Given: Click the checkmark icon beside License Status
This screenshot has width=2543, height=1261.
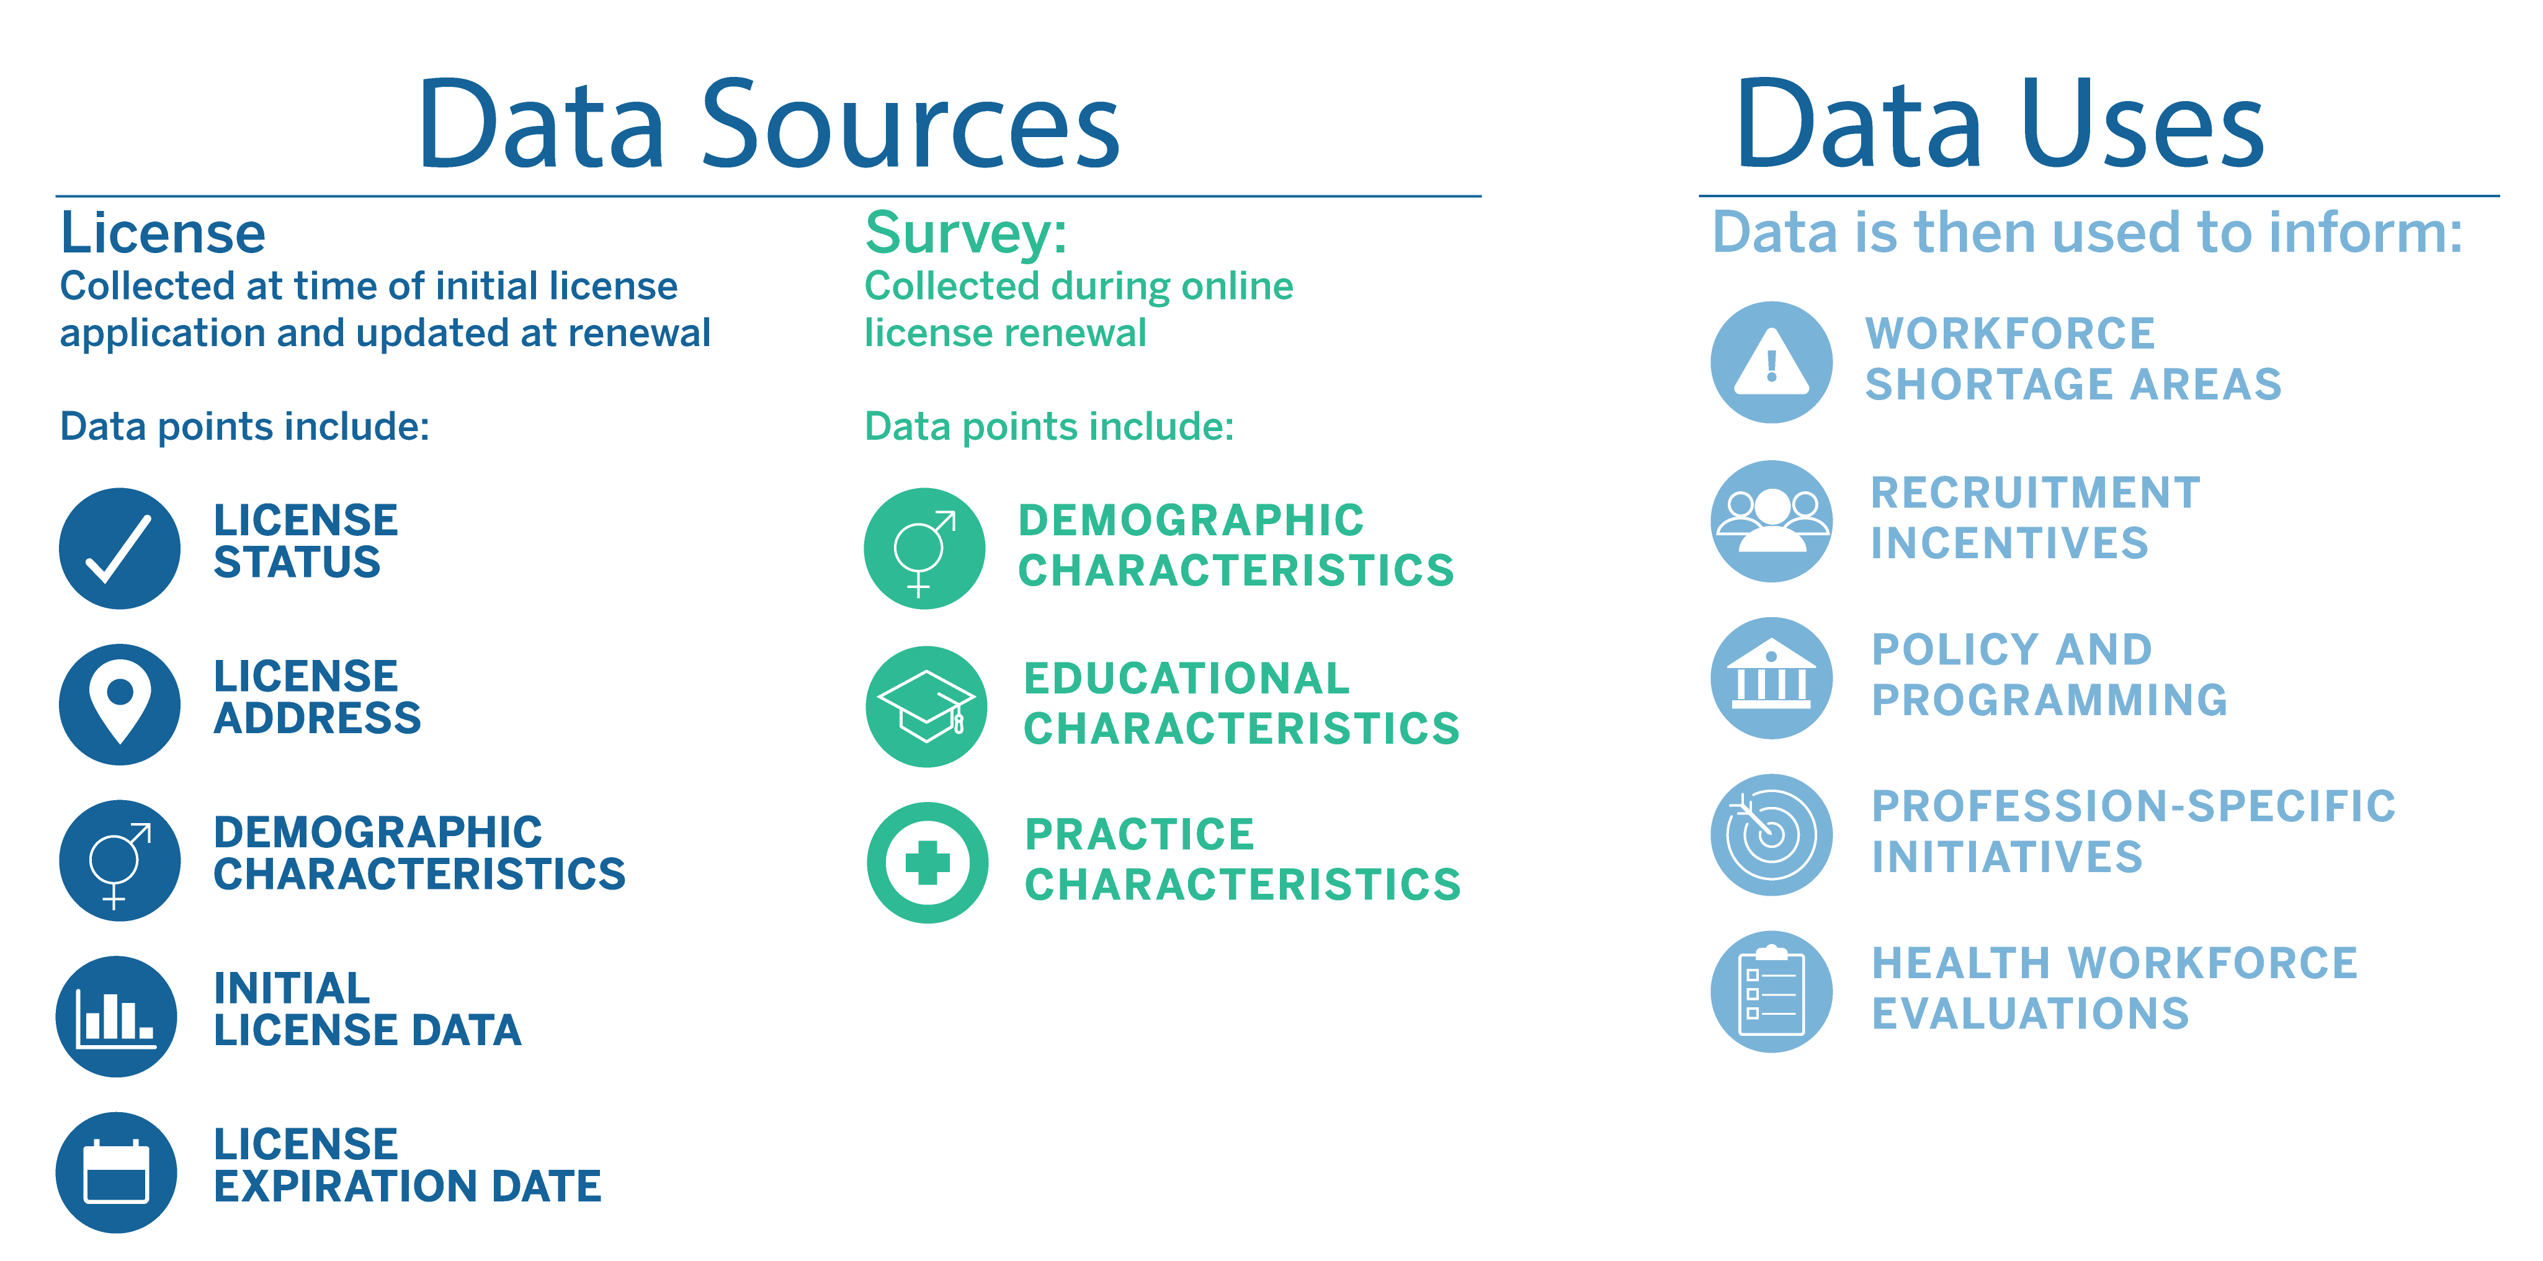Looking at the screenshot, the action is (120, 548).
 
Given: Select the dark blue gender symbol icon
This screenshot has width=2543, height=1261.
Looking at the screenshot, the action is (120, 860).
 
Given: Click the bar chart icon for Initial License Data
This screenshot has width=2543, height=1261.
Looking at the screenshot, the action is (117, 1016).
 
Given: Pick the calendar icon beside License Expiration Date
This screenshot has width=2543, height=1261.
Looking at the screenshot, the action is (117, 1172).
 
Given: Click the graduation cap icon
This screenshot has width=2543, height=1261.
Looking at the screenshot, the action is (927, 706).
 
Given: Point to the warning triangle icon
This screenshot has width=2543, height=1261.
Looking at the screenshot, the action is (1772, 362).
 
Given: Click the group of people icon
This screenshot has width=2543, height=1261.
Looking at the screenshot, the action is (1772, 521).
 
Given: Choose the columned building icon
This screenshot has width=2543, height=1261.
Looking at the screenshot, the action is (1772, 678).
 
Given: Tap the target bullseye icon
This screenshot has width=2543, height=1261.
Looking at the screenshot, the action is (1772, 835).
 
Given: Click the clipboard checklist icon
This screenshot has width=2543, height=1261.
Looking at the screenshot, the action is (1772, 992).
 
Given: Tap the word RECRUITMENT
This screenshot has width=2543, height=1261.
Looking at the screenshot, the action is (2036, 492).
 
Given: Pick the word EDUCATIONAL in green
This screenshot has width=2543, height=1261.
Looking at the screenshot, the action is (1187, 678).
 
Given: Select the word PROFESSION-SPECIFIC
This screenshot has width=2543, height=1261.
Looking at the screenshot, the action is (2134, 806).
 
